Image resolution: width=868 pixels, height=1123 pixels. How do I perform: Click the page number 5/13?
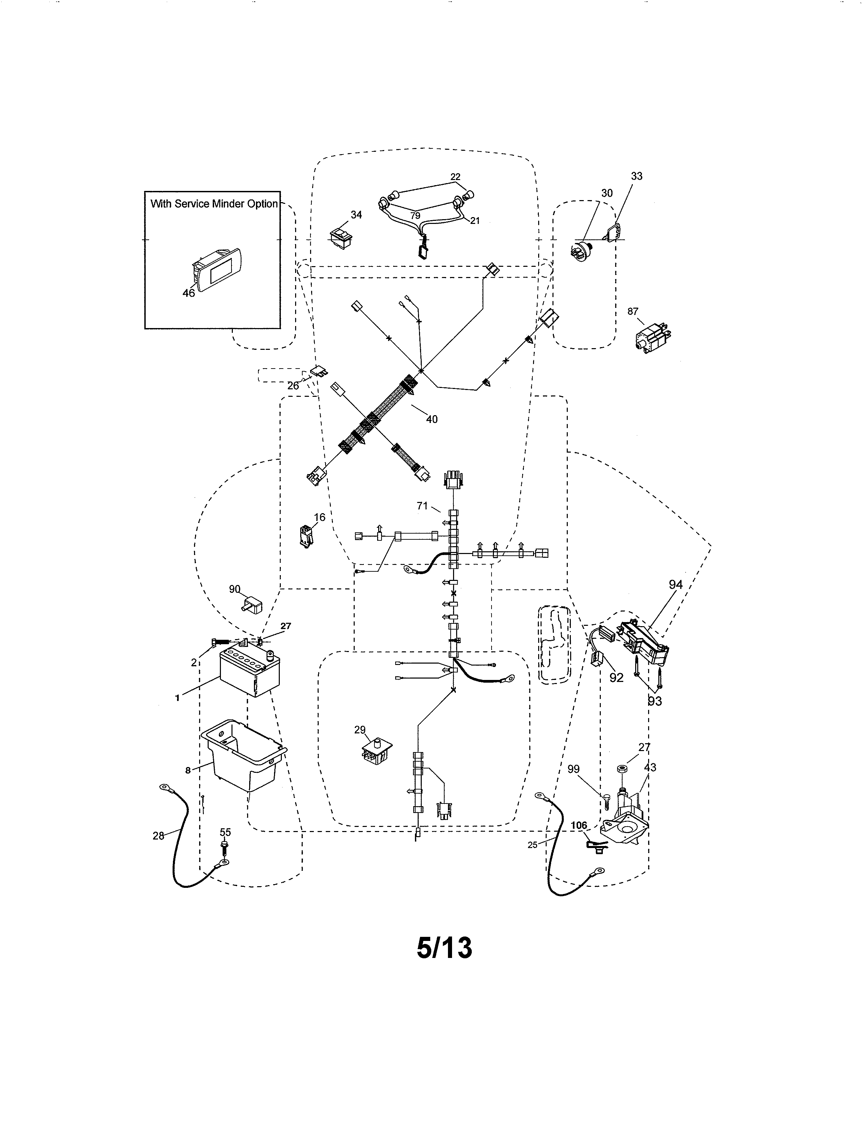click(x=444, y=948)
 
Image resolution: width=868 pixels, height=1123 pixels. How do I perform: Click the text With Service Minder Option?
click(x=214, y=204)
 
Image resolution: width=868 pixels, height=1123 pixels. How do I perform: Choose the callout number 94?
click(x=675, y=585)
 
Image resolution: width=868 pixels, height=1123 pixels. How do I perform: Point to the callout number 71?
click(x=422, y=506)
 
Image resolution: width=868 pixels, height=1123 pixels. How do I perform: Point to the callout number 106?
click(x=578, y=825)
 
